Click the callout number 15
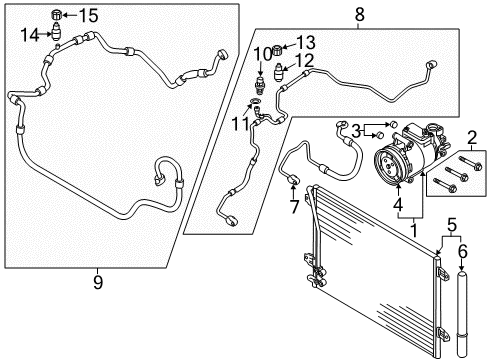pos(88,15)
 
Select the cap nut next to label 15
pos(56,15)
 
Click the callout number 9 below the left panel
pos(97,283)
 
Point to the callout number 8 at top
pos(359,14)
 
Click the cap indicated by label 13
pos(278,50)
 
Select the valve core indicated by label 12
pos(278,72)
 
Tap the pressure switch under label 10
pos(260,86)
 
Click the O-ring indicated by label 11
pos(256,101)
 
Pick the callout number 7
pos(294,207)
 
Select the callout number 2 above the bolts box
pos(471,137)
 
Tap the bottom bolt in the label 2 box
pos(444,185)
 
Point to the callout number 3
pos(356,131)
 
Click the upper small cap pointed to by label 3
pos(393,124)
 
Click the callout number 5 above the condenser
pos(451,225)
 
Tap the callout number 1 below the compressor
pos(414,231)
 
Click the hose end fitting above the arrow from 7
pos(293,179)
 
